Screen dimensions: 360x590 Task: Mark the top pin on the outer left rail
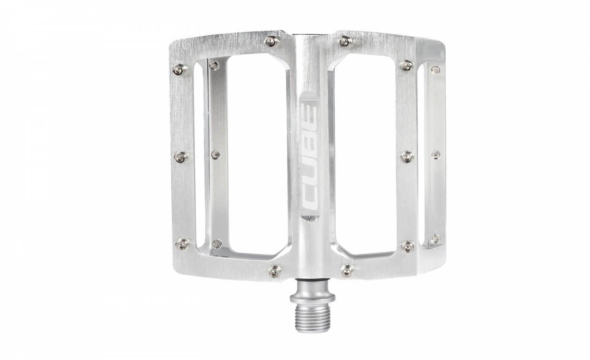[x=179, y=68]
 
